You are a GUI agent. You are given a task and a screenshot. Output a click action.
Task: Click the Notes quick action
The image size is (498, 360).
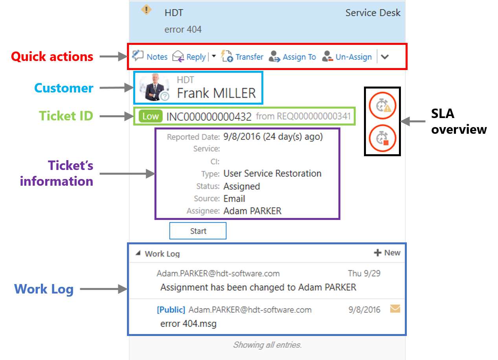(150, 57)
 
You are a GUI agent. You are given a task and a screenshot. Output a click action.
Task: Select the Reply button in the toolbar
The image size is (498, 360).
(189, 57)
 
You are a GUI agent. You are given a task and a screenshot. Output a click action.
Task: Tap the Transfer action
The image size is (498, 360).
(242, 56)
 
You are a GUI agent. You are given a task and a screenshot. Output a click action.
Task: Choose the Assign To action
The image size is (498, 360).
(292, 57)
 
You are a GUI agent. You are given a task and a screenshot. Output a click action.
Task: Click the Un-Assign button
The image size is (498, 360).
(347, 57)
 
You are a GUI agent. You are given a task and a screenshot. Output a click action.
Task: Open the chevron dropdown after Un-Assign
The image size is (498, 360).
(385, 57)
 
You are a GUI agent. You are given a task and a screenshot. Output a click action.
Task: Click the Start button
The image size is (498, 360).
(198, 231)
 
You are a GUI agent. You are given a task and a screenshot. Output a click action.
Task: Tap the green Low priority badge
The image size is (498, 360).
(151, 116)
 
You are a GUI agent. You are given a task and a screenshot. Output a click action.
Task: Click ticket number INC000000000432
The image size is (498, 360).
(209, 116)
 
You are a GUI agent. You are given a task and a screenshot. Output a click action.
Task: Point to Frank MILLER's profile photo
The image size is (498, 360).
(154, 87)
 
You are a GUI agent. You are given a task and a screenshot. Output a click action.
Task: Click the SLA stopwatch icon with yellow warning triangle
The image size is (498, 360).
(382, 106)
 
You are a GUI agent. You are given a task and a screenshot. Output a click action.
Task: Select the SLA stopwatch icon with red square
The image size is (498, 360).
(382, 138)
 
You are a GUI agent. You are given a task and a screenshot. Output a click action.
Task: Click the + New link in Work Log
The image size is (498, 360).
(387, 253)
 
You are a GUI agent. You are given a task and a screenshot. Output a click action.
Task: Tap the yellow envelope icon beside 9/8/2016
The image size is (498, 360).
(395, 309)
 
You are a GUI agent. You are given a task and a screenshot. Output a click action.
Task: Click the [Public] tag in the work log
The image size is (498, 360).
(171, 310)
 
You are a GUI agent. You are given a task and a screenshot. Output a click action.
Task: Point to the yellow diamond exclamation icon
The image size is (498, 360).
(146, 10)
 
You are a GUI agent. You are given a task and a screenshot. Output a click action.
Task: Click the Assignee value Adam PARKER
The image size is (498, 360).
(253, 211)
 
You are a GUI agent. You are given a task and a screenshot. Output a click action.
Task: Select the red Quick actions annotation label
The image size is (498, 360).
(52, 57)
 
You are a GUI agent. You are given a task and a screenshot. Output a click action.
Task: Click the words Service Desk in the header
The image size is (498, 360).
(373, 13)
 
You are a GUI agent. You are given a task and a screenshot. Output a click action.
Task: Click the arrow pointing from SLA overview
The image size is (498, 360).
(413, 121)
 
